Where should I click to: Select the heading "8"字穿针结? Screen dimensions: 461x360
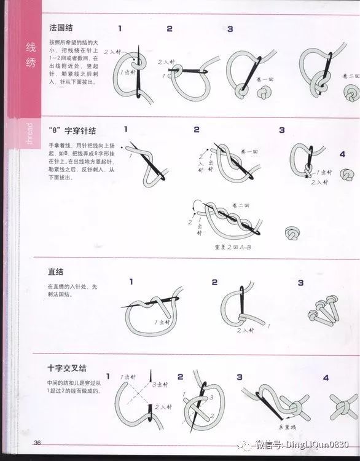coord(72,131)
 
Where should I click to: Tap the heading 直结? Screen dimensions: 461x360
coord(56,272)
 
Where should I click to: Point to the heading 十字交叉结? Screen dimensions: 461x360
coord(66,368)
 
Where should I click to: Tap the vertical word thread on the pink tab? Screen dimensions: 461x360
coord(29,133)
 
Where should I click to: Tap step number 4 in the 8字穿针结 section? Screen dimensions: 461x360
coord(342,155)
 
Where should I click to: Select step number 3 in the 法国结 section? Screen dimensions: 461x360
coord(230,29)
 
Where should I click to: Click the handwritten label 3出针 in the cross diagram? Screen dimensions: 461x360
coord(161,385)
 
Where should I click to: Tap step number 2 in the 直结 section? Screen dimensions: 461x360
coord(214,282)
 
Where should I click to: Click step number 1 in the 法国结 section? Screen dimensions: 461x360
coord(119,29)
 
